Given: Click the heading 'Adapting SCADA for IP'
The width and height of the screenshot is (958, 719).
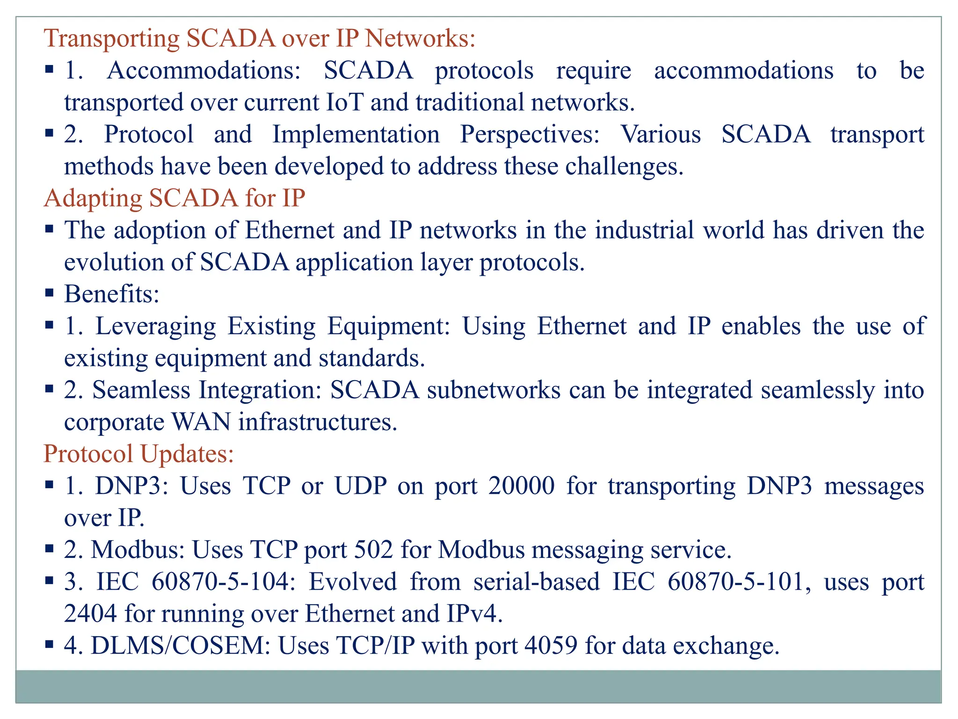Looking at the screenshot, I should coord(174,198).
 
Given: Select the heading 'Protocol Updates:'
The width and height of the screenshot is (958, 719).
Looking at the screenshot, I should coord(138,454).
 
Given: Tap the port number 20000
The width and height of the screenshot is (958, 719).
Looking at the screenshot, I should coord(522,485).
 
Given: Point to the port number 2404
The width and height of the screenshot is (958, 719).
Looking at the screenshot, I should coord(90,614).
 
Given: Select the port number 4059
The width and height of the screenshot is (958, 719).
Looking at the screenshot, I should coord(551,646).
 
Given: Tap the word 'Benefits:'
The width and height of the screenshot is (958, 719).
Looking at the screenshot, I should coord(112,294).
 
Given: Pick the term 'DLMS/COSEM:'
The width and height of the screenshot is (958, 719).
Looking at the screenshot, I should coord(181,646).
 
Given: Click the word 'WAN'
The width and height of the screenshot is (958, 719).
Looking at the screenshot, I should coord(201,422).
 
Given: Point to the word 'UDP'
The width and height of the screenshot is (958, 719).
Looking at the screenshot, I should coord(361,485).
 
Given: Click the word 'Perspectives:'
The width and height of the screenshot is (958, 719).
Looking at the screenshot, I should coord(530,134).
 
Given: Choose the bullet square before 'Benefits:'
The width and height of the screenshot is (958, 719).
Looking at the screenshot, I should coord(50,293).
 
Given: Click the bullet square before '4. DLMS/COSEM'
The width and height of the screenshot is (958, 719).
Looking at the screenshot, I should coord(50,645).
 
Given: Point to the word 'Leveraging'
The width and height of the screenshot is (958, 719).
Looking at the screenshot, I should coord(155,326).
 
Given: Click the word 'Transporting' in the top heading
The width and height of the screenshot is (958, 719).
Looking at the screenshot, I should coord(111,38).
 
